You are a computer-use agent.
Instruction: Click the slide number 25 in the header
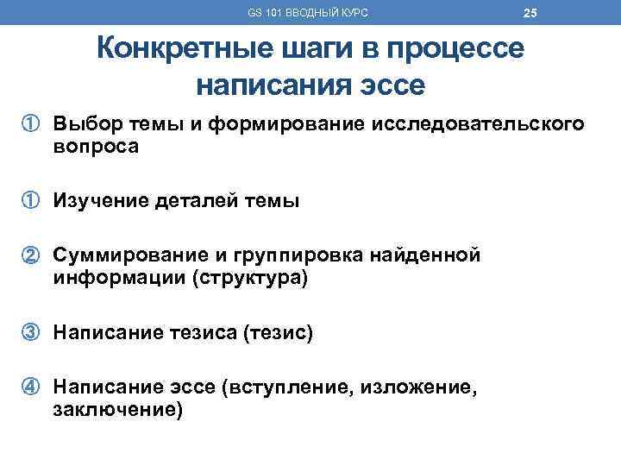(x=530, y=13)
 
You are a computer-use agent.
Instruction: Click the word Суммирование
(x=118, y=256)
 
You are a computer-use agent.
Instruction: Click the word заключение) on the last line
(x=117, y=410)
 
